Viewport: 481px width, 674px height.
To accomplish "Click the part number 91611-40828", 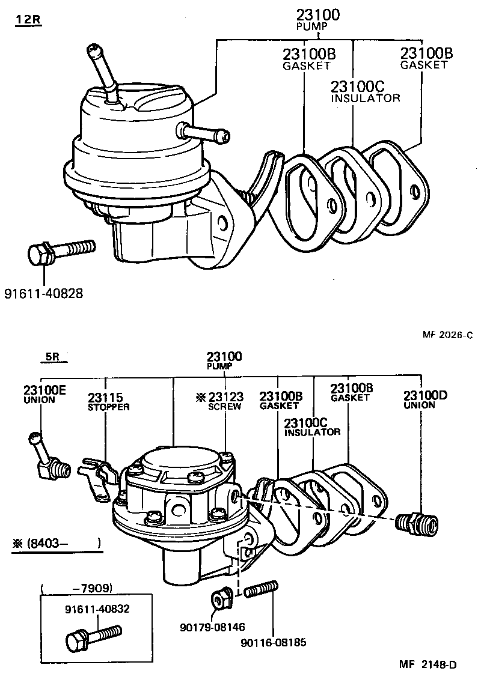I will [x=43, y=294].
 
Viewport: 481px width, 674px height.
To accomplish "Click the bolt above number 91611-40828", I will [x=60, y=251].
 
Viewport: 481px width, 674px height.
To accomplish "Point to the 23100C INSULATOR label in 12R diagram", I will [x=366, y=91].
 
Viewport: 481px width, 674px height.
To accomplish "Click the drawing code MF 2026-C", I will [x=447, y=336].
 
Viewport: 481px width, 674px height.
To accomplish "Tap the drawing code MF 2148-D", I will [x=427, y=664].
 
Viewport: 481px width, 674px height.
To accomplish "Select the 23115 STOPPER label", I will [x=108, y=401].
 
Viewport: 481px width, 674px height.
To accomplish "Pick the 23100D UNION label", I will [x=425, y=399].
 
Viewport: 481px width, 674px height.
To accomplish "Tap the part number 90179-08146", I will [x=212, y=627].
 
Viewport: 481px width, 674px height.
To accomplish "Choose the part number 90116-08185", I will [x=273, y=642].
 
